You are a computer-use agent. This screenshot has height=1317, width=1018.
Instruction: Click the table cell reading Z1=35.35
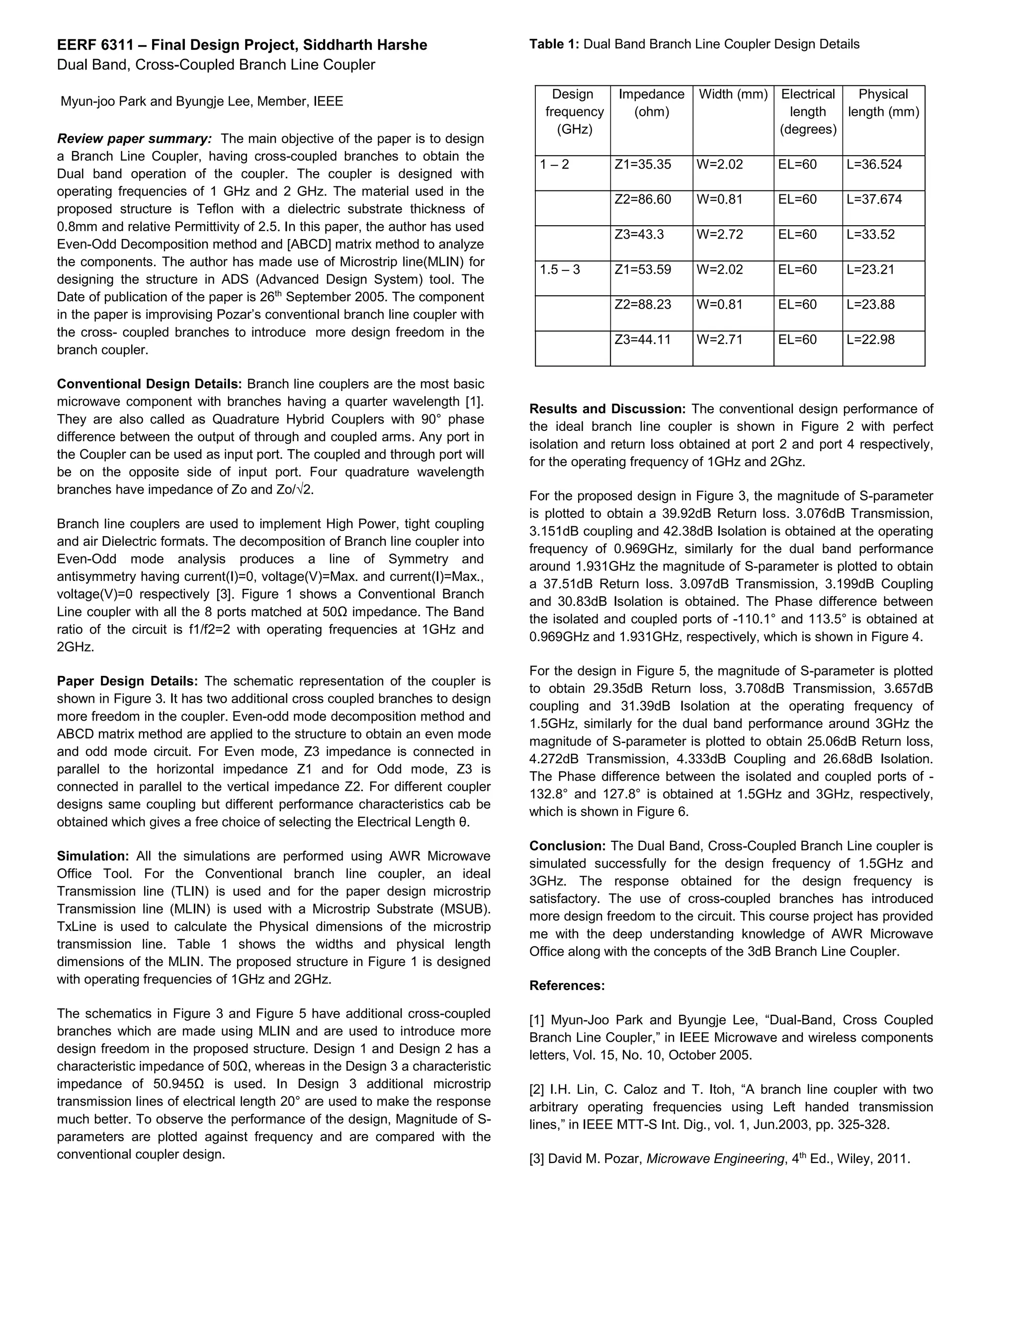pyautogui.click(x=642, y=165)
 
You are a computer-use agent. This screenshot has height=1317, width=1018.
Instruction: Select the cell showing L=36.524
pyautogui.click(x=874, y=165)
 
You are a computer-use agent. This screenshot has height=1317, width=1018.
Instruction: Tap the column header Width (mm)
pyautogui.click(x=733, y=94)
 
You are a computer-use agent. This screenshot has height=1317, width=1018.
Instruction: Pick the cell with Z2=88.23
pyautogui.click(x=642, y=305)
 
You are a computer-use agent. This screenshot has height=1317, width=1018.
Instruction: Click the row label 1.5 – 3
pyautogui.click(x=560, y=269)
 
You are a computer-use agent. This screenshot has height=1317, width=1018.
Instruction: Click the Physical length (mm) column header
pyautogui.click(x=883, y=103)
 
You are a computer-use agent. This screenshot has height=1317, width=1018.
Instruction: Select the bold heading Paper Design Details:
pyautogui.click(x=127, y=681)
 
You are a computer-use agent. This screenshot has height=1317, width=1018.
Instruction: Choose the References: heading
pyautogui.click(x=567, y=986)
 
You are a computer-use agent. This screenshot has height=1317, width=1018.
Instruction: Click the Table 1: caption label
pyautogui.click(x=554, y=44)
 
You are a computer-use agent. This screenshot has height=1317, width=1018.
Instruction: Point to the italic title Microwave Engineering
pyautogui.click(x=715, y=1159)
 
